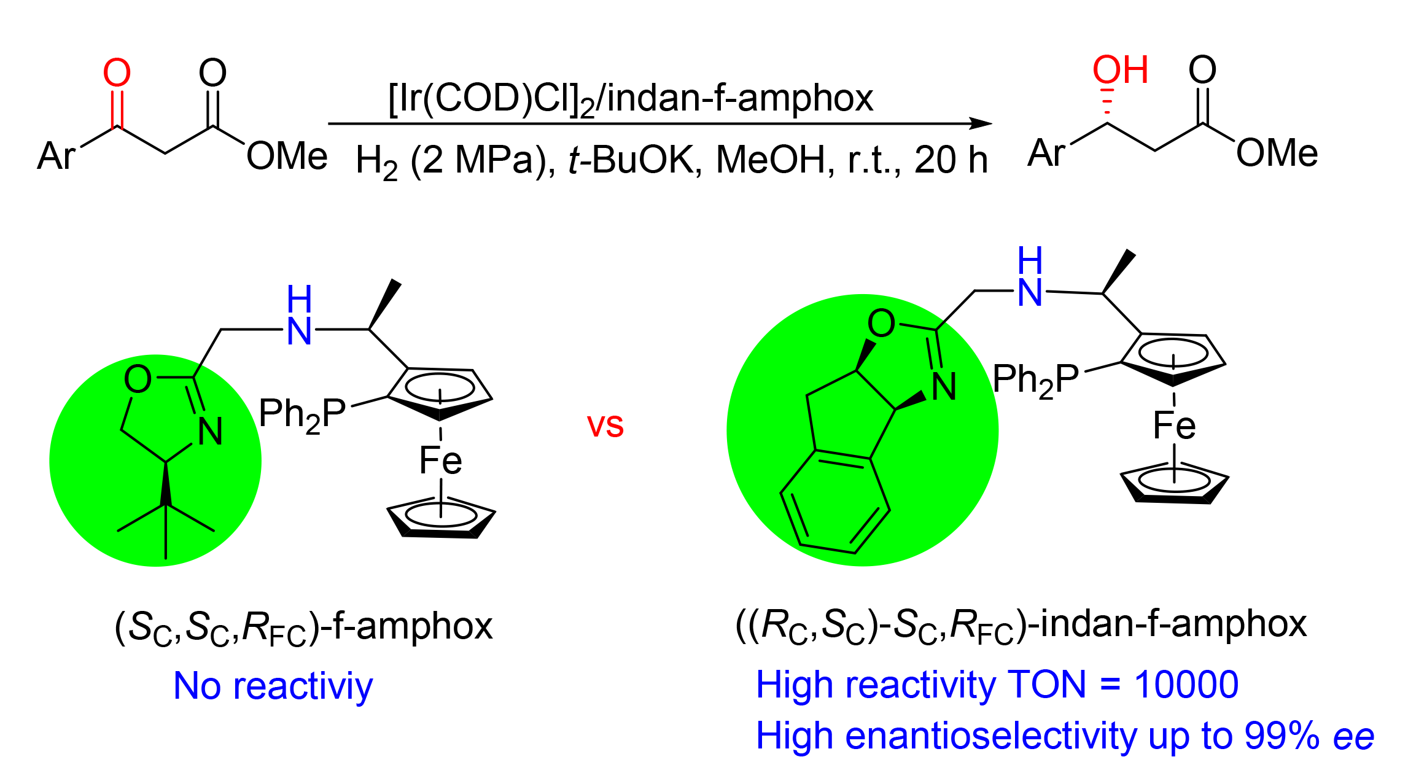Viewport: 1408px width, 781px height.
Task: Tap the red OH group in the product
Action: pyautogui.click(x=1119, y=70)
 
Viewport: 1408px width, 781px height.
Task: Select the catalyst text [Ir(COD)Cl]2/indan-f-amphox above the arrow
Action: pyautogui.click(x=631, y=98)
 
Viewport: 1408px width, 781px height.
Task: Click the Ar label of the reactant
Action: pyautogui.click(x=56, y=156)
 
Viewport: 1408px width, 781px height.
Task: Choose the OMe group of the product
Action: pyautogui.click(x=1277, y=153)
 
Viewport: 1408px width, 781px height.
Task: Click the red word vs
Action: pyautogui.click(x=605, y=425)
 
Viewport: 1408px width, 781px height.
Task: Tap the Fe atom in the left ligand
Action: pyautogui.click(x=440, y=460)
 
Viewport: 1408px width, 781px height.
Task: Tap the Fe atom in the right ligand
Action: pyautogui.click(x=1174, y=425)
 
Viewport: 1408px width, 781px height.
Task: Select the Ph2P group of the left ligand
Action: pyautogui.click(x=302, y=414)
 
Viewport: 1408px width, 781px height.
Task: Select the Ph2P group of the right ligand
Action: pyautogui.click(x=1035, y=379)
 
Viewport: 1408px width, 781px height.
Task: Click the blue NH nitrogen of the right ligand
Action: pyautogui.click(x=1030, y=292)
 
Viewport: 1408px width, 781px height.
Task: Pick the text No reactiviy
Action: pyautogui.click(x=273, y=686)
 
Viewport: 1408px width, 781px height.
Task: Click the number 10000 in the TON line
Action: pyautogui.click(x=1186, y=685)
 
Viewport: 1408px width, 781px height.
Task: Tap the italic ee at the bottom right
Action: pyautogui.click(x=1353, y=736)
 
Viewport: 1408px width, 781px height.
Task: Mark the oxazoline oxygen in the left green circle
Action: pyautogui.click(x=138, y=378)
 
